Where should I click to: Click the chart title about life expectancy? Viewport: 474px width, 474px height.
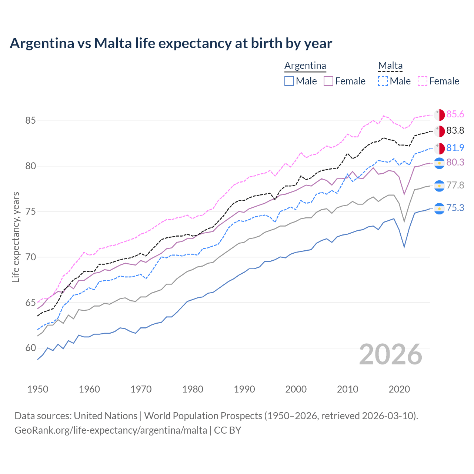[171, 43]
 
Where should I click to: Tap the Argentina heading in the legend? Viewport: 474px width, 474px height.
[305, 66]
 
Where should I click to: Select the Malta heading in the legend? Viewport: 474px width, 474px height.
[390, 66]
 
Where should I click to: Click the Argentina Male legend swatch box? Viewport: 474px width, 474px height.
[289, 81]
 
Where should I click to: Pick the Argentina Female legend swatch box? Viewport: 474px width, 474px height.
[328, 81]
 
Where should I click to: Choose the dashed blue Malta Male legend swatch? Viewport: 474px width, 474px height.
[383, 81]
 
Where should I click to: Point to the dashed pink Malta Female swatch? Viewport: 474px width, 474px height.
[423, 81]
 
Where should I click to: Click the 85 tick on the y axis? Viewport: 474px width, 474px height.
[31, 120]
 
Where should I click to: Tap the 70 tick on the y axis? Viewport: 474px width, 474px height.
[31, 257]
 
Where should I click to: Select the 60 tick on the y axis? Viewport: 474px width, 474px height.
[31, 348]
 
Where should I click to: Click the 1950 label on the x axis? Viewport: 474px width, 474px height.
[38, 389]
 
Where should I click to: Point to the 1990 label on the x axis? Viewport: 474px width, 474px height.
[244, 389]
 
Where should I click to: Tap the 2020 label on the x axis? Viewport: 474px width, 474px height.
[399, 389]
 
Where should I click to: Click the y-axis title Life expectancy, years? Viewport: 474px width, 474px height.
[16, 237]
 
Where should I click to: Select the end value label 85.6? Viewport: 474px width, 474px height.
[455, 114]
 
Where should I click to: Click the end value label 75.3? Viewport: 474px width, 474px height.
[455, 208]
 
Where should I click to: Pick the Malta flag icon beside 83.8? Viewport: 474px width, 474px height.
[439, 131]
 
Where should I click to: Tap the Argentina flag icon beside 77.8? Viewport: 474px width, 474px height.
[439, 186]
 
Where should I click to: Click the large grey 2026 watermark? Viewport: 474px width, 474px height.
[391, 354]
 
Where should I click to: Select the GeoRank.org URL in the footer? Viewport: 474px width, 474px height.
[111, 430]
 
